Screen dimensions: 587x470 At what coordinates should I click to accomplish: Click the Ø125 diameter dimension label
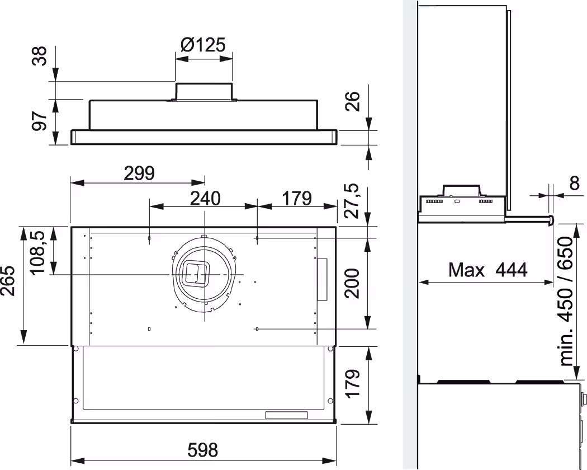point(203,45)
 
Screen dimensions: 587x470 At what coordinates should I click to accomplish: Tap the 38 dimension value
point(39,56)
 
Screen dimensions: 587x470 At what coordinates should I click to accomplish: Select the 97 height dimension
point(39,121)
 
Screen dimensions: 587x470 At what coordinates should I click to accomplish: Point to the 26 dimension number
point(352,101)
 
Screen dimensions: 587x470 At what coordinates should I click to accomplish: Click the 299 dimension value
point(139,173)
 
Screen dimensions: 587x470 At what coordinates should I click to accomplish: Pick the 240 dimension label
point(205,198)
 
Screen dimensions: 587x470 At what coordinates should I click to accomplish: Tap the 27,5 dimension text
point(352,201)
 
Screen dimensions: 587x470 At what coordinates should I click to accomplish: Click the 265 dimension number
point(8,281)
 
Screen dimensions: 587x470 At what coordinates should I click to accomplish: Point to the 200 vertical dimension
point(352,283)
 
